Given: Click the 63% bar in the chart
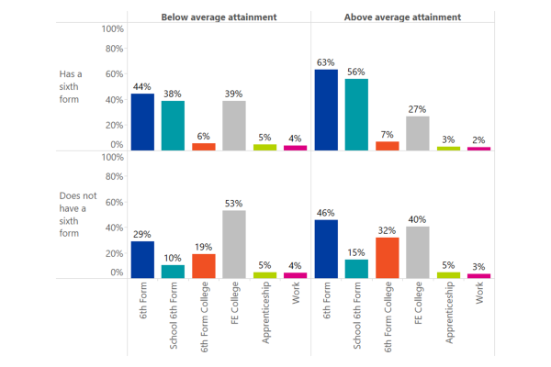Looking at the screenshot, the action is point(326,110).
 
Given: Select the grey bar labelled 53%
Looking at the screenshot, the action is point(234,244).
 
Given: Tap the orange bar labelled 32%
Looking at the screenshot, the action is point(388,258).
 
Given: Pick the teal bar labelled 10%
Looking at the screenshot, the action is point(173,272).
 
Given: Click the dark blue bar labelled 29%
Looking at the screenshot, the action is point(142,260).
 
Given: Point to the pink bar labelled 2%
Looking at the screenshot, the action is point(479,149).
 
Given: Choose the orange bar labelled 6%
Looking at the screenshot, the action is point(204,147).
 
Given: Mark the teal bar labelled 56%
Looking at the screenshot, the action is point(356,115).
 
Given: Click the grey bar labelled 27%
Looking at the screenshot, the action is point(418,133).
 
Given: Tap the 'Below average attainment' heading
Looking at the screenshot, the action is point(219,17).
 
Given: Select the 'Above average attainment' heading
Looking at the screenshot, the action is point(402,17).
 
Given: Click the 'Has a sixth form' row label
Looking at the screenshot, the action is point(71,87).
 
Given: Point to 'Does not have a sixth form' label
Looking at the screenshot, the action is point(78,215).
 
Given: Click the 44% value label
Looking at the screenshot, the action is point(142,87).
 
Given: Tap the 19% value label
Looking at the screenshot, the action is point(204,247).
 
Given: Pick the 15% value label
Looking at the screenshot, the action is point(356,252).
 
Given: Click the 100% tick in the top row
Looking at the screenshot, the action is point(112,29).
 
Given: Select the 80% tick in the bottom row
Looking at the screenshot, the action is point(114,177).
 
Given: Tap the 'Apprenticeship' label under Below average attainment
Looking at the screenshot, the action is point(265,313).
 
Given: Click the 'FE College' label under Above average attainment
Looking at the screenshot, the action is point(418,303).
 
